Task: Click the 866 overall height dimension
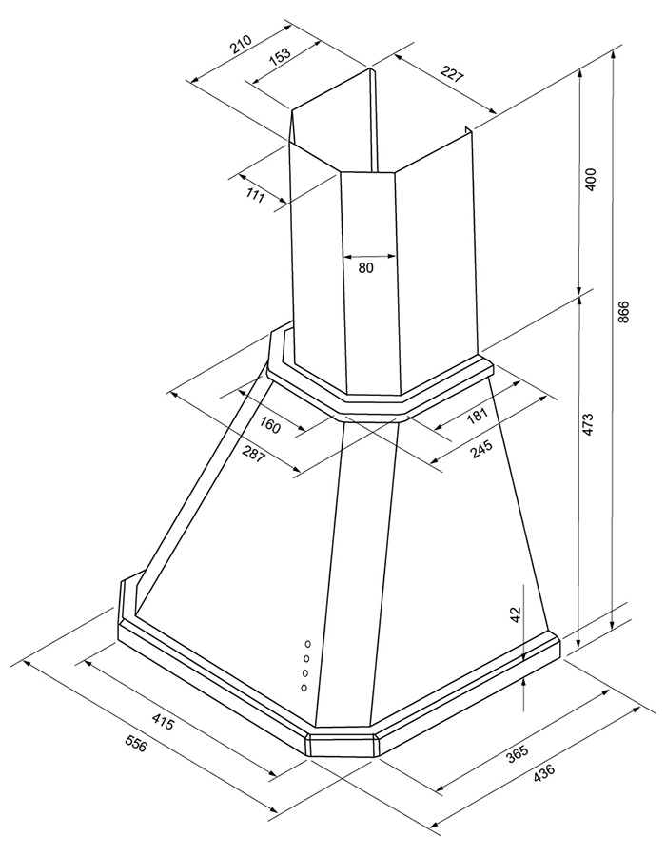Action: click(x=624, y=312)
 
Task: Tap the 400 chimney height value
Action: click(x=590, y=180)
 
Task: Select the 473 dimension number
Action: click(x=588, y=425)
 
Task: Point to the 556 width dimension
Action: click(x=136, y=743)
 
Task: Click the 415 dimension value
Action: click(x=163, y=722)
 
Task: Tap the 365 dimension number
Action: click(x=517, y=754)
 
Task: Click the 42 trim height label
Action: click(x=517, y=614)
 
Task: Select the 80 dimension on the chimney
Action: click(x=366, y=267)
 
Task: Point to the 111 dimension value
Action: click(x=256, y=195)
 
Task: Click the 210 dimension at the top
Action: click(x=240, y=44)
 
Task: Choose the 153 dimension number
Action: click(x=280, y=57)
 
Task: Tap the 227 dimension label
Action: click(x=452, y=73)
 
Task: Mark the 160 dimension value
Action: click(x=269, y=425)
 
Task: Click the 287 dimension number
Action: click(x=254, y=454)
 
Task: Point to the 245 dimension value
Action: click(x=481, y=449)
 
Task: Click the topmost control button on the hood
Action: click(x=308, y=644)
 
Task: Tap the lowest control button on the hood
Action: click(x=304, y=688)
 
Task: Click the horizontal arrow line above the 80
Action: click(x=369, y=256)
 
